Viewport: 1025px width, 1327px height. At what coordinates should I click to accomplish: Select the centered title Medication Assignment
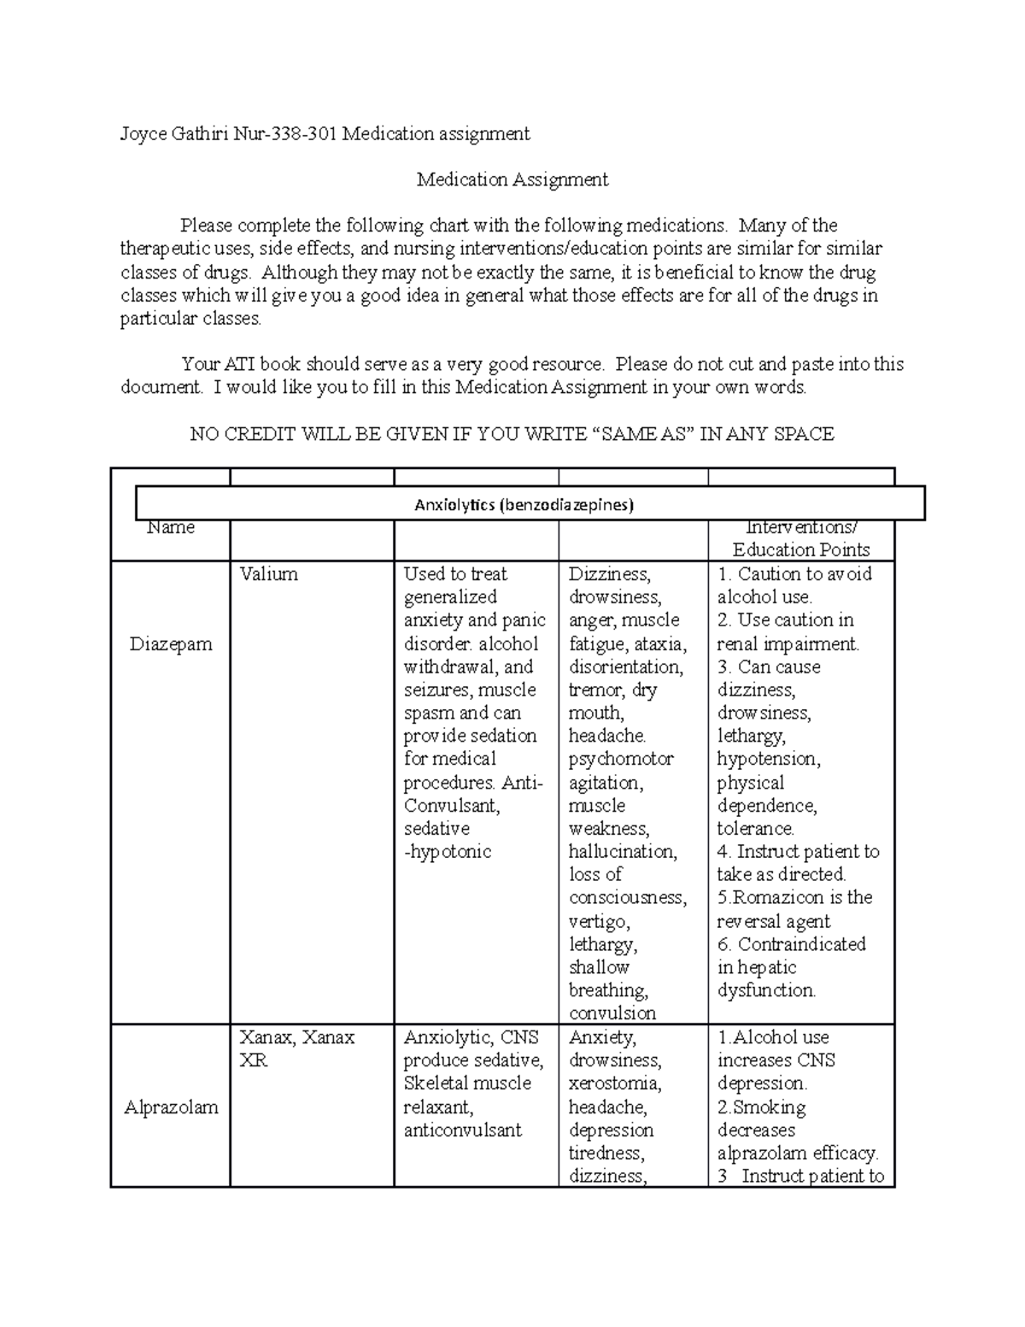pos(512,179)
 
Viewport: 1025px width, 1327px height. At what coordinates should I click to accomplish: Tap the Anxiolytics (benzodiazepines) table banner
pos(524,505)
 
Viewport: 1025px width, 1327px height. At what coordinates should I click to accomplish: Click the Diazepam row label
pos(171,644)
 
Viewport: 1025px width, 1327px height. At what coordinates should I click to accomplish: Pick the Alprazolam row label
pos(171,1107)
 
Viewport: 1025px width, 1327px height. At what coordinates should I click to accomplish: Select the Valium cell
pos(268,574)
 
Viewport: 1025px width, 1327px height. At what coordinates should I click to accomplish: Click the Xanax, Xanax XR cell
pos(296,1048)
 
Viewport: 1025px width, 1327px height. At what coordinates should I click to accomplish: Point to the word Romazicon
pos(778,897)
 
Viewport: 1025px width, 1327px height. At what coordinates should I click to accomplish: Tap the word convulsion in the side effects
pos(612,1013)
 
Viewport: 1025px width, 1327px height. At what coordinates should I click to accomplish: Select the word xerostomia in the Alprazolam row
pos(615,1083)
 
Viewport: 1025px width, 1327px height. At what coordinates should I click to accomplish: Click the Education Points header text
pos(800,550)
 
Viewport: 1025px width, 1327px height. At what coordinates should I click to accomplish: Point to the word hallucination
pos(623,852)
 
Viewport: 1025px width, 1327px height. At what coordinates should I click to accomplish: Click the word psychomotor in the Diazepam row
pos(621,759)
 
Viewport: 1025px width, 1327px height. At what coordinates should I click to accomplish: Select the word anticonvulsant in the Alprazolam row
pos(462,1130)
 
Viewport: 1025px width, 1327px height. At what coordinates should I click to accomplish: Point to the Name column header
pos(171,528)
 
